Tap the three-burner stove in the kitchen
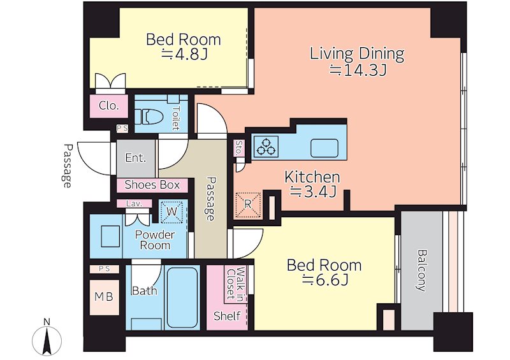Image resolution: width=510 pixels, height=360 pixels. (266, 146)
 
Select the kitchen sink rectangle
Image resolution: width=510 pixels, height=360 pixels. (324, 148)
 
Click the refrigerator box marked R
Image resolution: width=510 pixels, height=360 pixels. (248, 205)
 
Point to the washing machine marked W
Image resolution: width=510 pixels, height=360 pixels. (171, 212)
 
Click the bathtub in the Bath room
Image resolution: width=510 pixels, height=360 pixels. (182, 297)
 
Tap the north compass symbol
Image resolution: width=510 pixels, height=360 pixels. (47, 338)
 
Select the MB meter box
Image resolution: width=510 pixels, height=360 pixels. (104, 297)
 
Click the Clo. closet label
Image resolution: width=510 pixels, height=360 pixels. (109, 106)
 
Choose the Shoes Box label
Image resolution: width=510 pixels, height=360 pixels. (152, 185)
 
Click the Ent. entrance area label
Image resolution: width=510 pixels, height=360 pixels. (136, 158)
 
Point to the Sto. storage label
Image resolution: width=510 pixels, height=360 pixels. (239, 148)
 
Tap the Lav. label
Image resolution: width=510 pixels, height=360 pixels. (135, 204)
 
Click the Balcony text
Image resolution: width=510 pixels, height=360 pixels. (422, 270)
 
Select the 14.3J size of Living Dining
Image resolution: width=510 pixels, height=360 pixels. (358, 70)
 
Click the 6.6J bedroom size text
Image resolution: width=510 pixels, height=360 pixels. (325, 280)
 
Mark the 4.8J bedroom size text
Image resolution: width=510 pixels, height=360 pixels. (184, 54)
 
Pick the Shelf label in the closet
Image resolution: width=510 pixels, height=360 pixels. (227, 315)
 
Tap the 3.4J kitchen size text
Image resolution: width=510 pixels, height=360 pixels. (313, 192)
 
